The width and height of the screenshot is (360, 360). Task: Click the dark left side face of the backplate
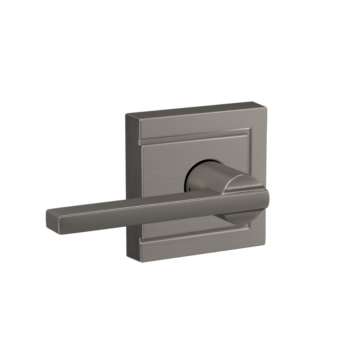pos(133,188)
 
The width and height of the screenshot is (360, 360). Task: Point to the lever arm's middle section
pos(160,206)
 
